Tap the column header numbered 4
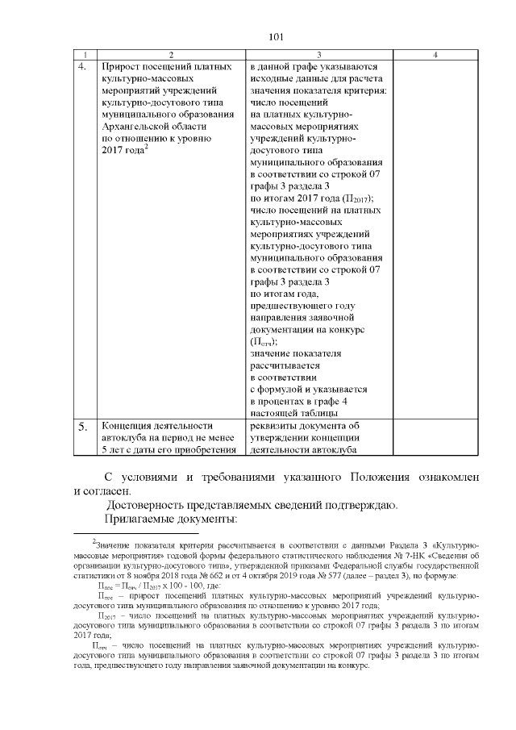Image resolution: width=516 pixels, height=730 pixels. click(x=435, y=54)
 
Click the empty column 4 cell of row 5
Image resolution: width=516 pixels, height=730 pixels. click(x=435, y=437)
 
